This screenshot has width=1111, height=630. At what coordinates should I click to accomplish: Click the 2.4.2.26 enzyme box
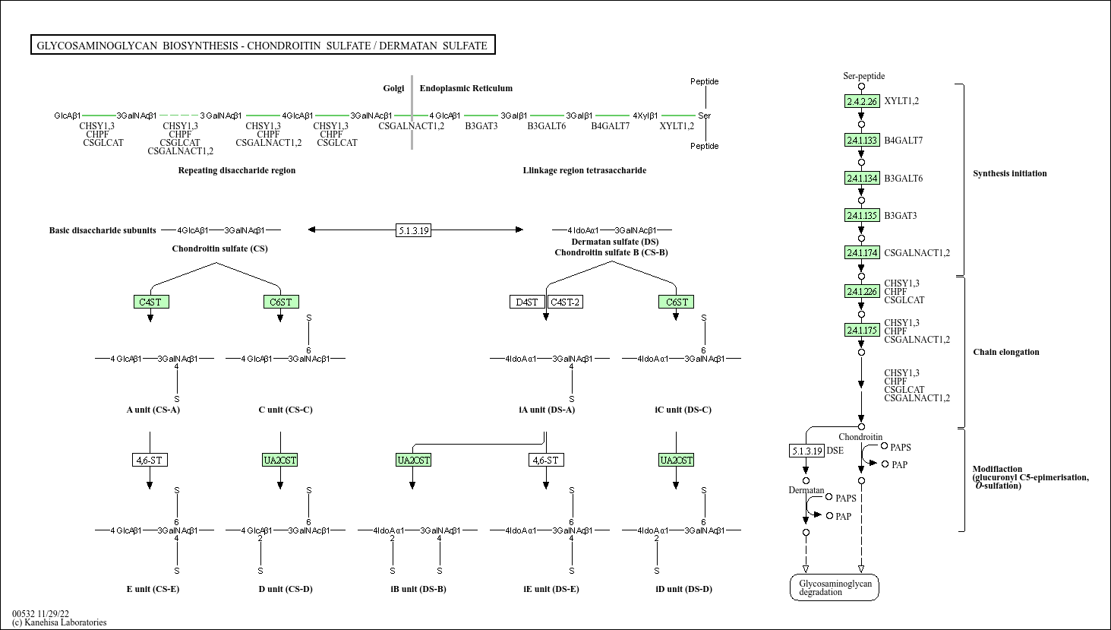tap(862, 101)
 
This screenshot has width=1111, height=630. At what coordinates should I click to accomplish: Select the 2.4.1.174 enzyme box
tap(862, 253)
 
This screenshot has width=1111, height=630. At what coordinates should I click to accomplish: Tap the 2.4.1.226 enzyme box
tap(862, 291)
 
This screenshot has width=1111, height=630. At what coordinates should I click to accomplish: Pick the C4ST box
tap(151, 302)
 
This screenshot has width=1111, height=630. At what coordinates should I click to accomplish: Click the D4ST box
tap(527, 302)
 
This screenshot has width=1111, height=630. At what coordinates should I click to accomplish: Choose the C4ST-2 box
tap(566, 302)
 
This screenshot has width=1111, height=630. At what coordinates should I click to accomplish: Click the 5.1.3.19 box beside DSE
tap(806, 451)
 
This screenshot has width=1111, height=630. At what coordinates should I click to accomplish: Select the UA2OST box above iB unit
tap(414, 461)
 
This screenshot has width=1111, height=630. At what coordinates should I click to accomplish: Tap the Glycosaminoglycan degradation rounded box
tap(835, 587)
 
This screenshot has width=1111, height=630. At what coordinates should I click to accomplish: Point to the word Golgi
tap(393, 88)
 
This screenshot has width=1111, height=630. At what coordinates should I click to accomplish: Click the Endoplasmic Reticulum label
tap(466, 88)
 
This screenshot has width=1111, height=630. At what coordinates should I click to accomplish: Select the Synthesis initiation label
tap(1010, 173)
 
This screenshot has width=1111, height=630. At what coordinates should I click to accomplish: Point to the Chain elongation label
tap(1006, 352)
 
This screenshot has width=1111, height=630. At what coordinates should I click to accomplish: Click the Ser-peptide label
tap(864, 76)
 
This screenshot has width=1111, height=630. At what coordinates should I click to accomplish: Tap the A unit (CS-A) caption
tap(153, 410)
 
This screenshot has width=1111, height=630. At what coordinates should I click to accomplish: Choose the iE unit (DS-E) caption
tap(551, 589)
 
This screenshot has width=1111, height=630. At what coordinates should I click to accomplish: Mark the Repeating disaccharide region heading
tap(237, 170)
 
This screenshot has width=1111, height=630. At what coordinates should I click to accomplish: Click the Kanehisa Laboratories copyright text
tap(59, 622)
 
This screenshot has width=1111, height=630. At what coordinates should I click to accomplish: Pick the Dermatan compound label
tap(806, 490)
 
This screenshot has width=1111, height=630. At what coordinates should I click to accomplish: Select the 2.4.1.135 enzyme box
tap(862, 216)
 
